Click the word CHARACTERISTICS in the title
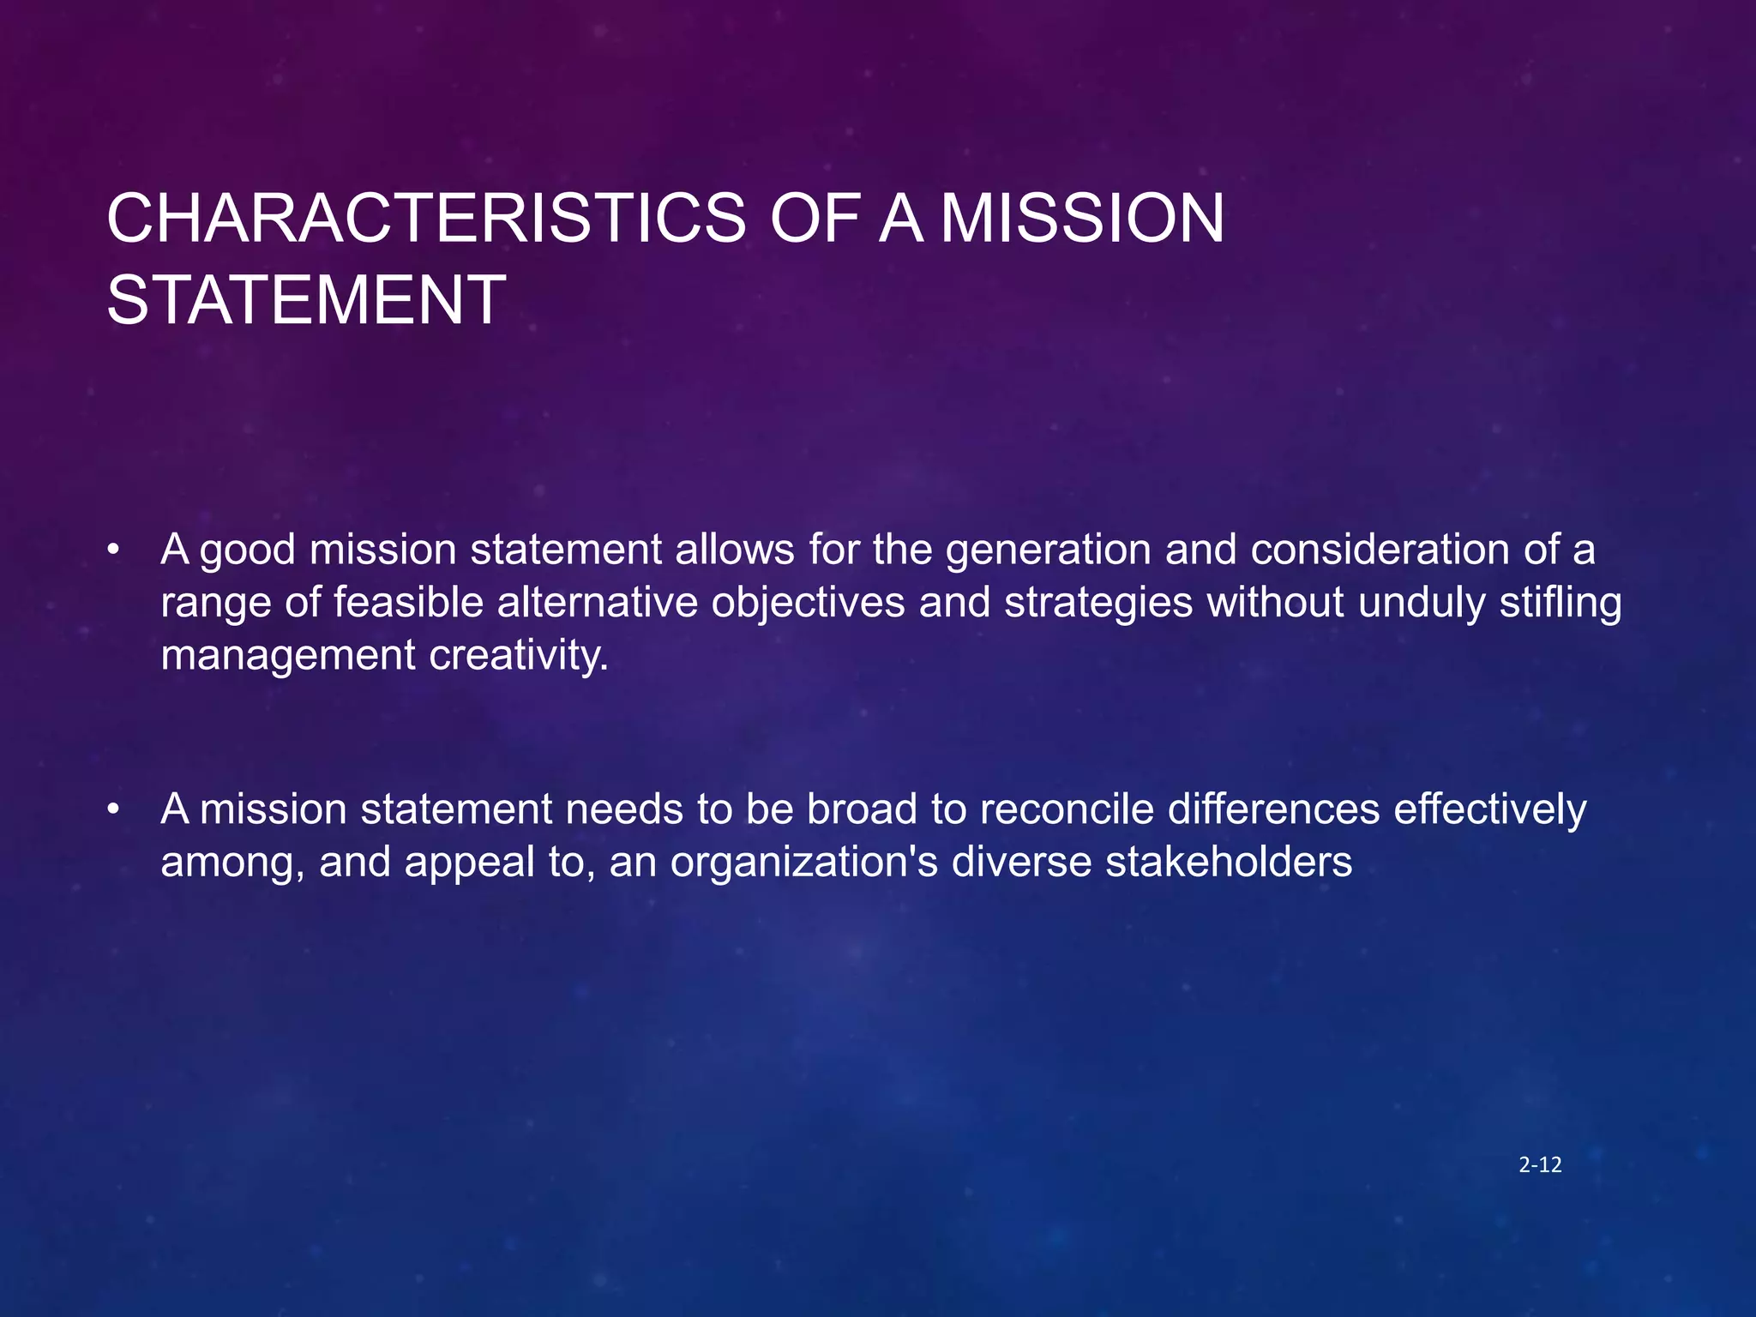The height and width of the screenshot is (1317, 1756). (x=426, y=219)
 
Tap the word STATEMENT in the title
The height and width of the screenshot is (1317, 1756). (x=306, y=301)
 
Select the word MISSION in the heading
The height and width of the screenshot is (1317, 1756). (x=1082, y=219)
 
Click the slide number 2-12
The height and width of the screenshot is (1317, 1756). (x=1540, y=1165)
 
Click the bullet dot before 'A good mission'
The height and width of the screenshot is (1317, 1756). (x=112, y=550)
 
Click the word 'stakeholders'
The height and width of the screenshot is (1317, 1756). (x=1229, y=862)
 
